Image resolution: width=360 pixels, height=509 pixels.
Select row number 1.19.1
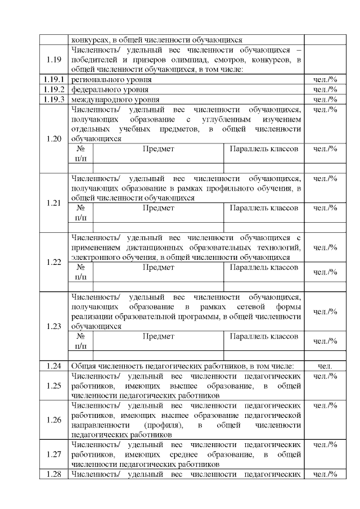pos(54,80)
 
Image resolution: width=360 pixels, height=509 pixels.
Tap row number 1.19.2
pos(54,89)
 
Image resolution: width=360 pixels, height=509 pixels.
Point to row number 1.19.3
pos(54,99)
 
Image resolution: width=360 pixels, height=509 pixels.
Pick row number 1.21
pos(54,203)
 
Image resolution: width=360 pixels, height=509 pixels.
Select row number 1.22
pos(54,262)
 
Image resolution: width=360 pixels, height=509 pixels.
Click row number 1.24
pos(54,366)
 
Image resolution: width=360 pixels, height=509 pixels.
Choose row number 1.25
pos(54,385)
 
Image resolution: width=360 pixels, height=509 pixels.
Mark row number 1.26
pos(54,420)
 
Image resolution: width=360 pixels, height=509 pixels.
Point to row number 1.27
pos(54,454)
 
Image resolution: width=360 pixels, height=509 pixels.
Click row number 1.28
pos(54,474)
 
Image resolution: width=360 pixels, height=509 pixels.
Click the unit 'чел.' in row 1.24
pos(325,366)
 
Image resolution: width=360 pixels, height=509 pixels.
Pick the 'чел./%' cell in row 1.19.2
pos(325,89)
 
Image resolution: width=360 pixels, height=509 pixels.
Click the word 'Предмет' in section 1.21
pos(158,208)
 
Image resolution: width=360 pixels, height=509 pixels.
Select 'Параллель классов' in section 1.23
pos(264,336)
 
